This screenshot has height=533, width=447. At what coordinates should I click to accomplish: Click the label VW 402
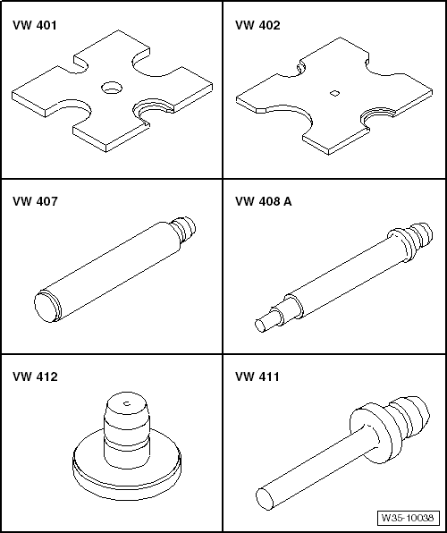(257, 26)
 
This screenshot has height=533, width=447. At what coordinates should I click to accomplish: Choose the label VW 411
(257, 377)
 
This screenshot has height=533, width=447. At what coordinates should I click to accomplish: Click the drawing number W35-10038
(407, 518)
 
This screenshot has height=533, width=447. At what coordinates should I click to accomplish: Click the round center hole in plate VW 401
(112, 88)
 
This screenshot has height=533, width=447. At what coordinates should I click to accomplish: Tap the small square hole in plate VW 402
(333, 92)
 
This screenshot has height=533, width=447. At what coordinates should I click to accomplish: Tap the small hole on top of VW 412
(127, 405)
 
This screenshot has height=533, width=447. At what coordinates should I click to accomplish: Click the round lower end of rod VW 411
(266, 498)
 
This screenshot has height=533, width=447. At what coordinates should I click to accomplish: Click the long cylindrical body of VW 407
(112, 266)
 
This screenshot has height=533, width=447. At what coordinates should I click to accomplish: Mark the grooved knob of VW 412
(125, 429)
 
